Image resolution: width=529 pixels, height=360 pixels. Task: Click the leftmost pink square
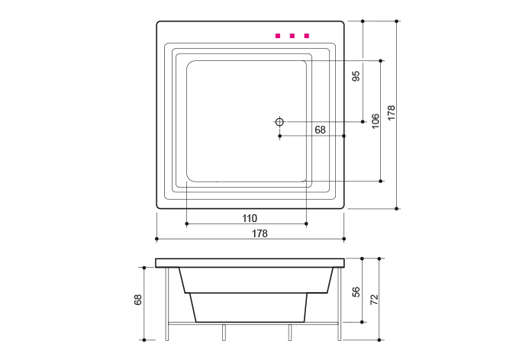tap(278, 35)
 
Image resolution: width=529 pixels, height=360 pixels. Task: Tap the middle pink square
tap(292, 35)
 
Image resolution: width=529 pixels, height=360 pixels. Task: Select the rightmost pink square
tap(307, 35)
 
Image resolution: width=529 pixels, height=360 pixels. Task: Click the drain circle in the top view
tap(279, 121)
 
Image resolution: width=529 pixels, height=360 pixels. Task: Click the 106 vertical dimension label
tap(376, 121)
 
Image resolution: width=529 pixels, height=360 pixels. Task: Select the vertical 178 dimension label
tap(392, 113)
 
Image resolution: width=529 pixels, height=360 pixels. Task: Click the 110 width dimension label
tap(250, 218)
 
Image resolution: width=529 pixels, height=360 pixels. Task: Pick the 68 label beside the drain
tap(320, 130)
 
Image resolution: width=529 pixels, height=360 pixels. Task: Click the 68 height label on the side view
tap(139, 300)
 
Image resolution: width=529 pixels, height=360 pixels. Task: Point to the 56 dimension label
tap(356, 292)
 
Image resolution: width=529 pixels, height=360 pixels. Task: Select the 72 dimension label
tap(374, 298)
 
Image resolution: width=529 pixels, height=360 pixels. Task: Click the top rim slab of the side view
tap(250, 262)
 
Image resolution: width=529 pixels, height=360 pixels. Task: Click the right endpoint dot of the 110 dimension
tap(306, 223)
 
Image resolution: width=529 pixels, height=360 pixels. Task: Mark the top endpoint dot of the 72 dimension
tap(380, 259)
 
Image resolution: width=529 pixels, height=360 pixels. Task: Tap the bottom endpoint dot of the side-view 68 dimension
tap(144, 339)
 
